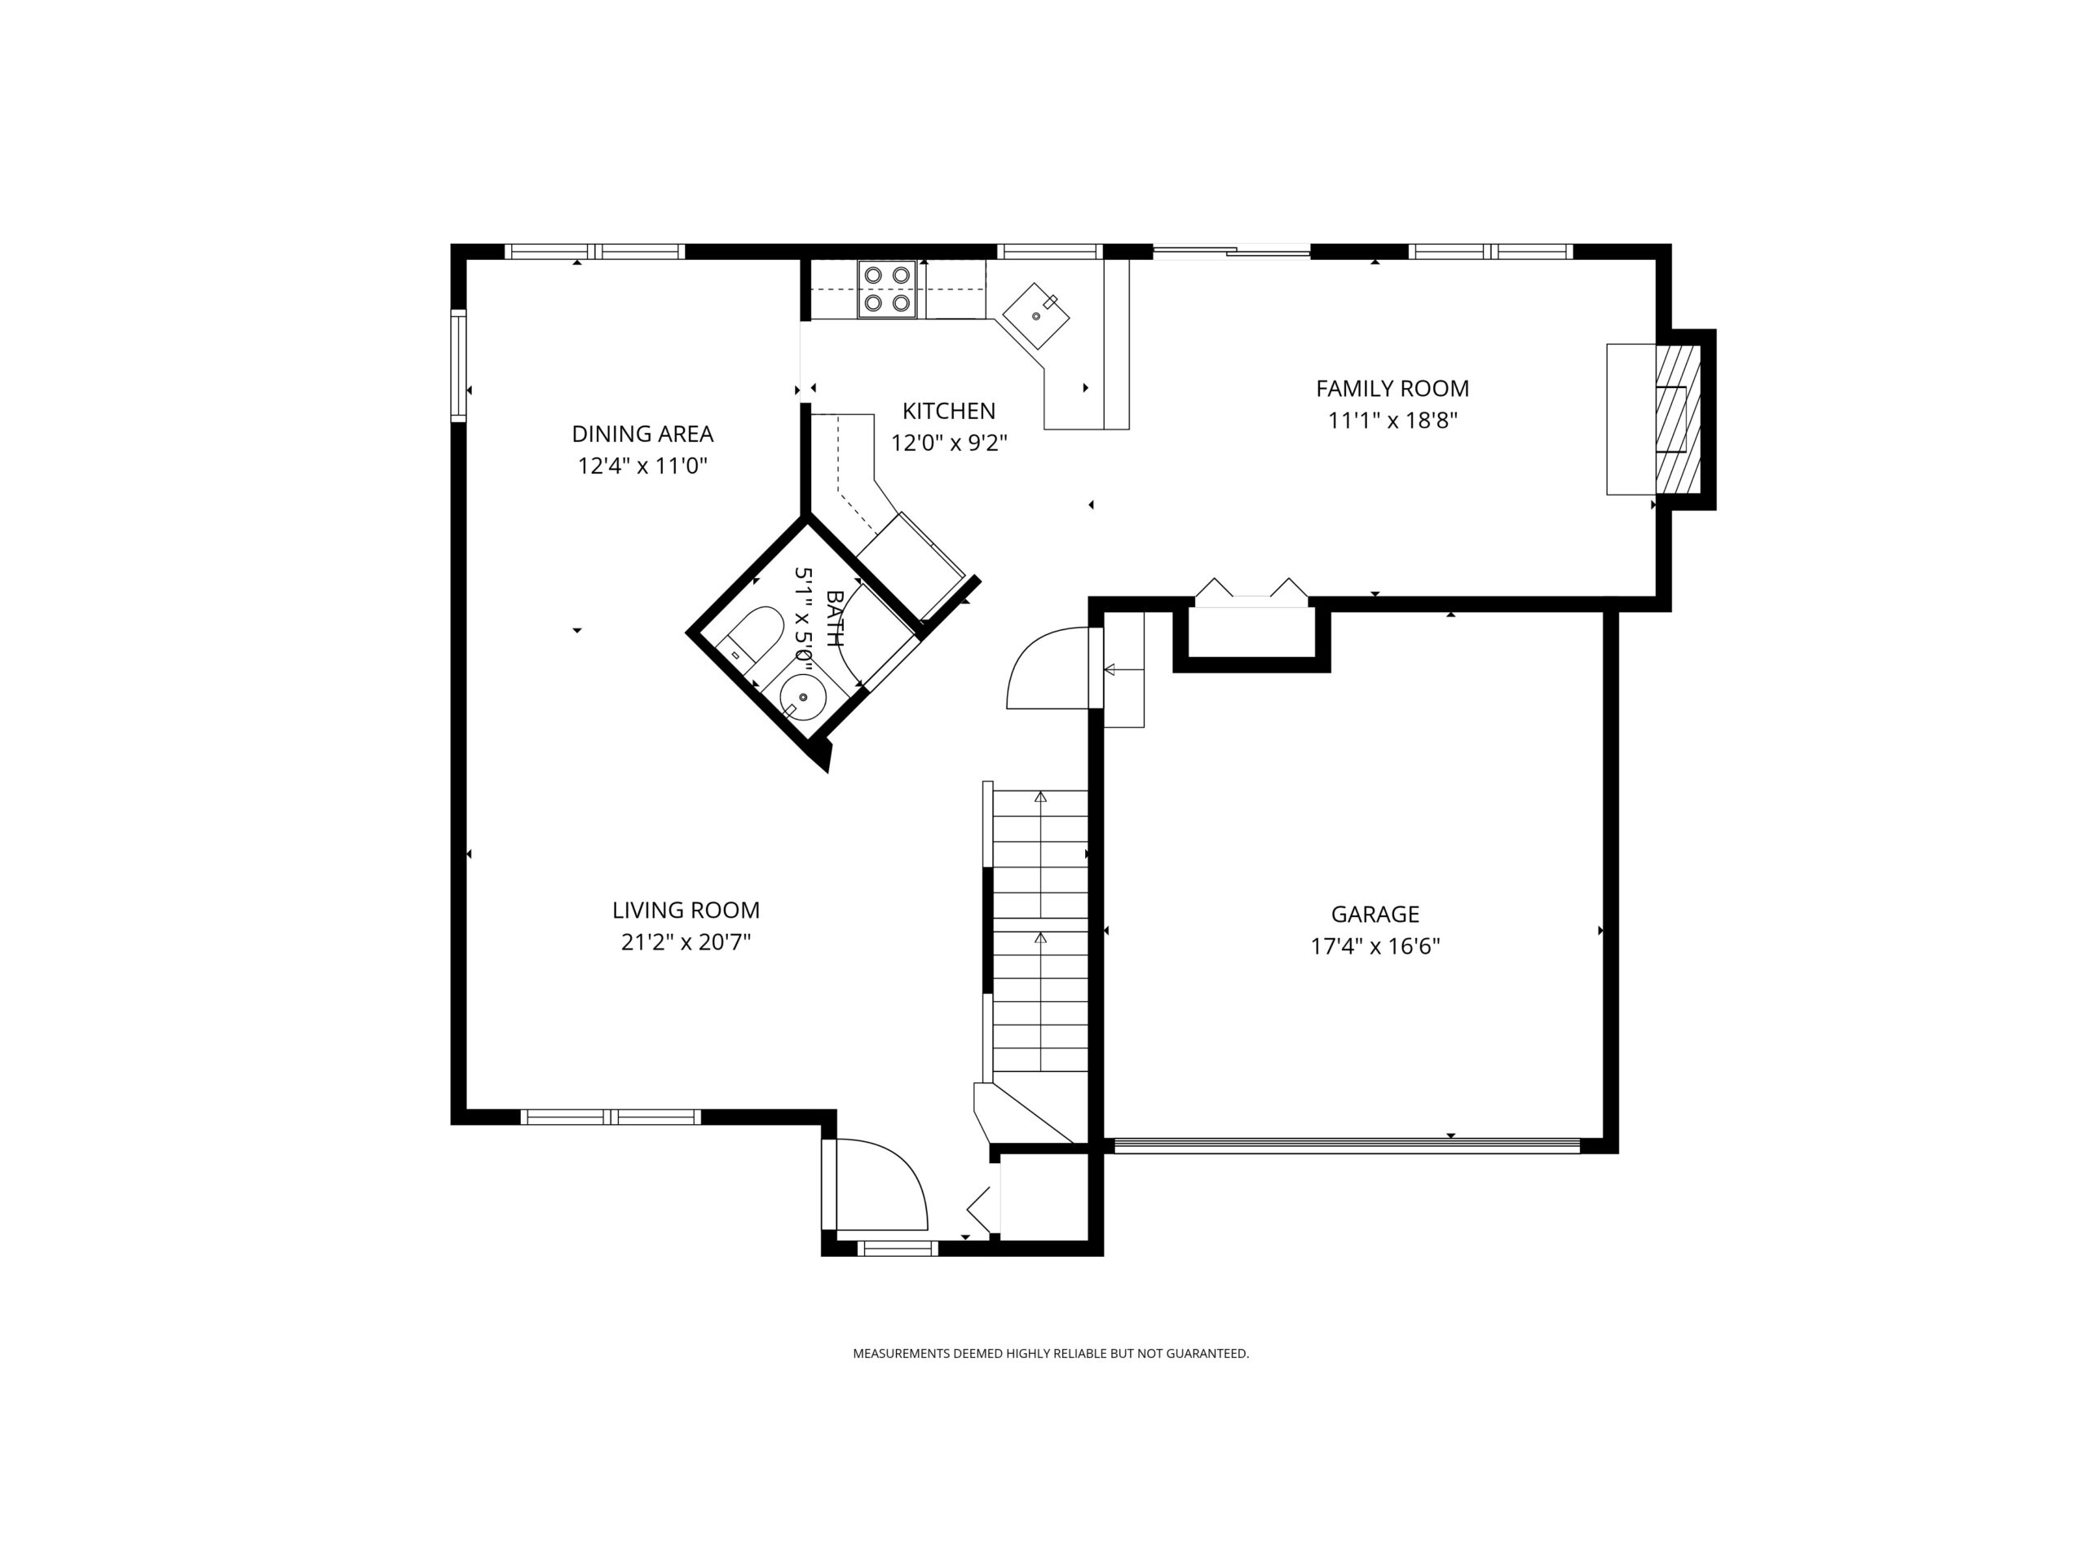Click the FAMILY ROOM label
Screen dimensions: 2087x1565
1392,388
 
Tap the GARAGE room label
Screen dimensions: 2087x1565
1374,913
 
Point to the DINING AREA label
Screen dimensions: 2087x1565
642,433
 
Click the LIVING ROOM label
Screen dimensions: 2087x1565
686,910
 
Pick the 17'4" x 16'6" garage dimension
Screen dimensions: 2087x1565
1374,946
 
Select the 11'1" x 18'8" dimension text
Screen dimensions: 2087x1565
1392,420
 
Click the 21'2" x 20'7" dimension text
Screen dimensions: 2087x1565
686,941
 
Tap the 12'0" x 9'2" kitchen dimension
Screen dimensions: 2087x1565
949,443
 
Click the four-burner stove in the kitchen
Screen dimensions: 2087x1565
887,289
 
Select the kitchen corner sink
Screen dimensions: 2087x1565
1036,316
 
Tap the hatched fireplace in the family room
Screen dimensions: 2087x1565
1678,419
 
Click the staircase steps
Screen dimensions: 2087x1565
1039,930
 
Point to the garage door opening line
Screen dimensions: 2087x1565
1348,1145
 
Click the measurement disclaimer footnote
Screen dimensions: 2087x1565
1050,1354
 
